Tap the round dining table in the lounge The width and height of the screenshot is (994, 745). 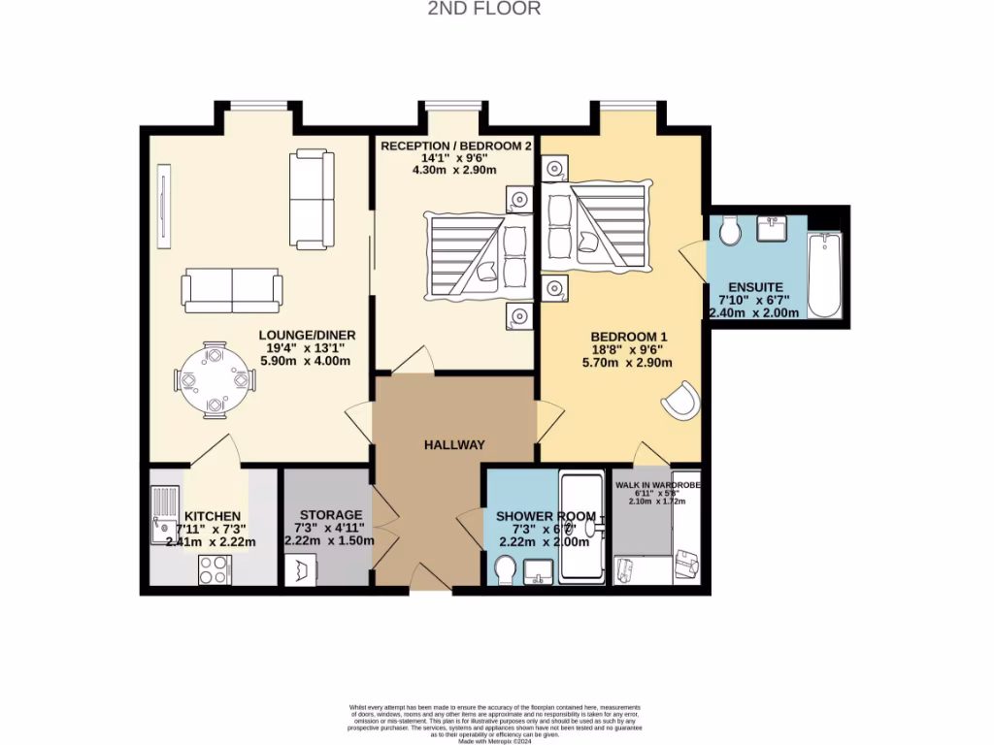click(215, 380)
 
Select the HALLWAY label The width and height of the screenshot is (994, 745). click(453, 444)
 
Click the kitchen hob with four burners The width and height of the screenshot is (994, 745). click(215, 569)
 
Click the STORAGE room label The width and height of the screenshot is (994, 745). click(330, 514)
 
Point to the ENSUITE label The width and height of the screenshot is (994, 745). click(752, 286)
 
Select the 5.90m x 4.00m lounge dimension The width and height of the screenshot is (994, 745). click(304, 361)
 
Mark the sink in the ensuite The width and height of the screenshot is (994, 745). click(777, 231)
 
